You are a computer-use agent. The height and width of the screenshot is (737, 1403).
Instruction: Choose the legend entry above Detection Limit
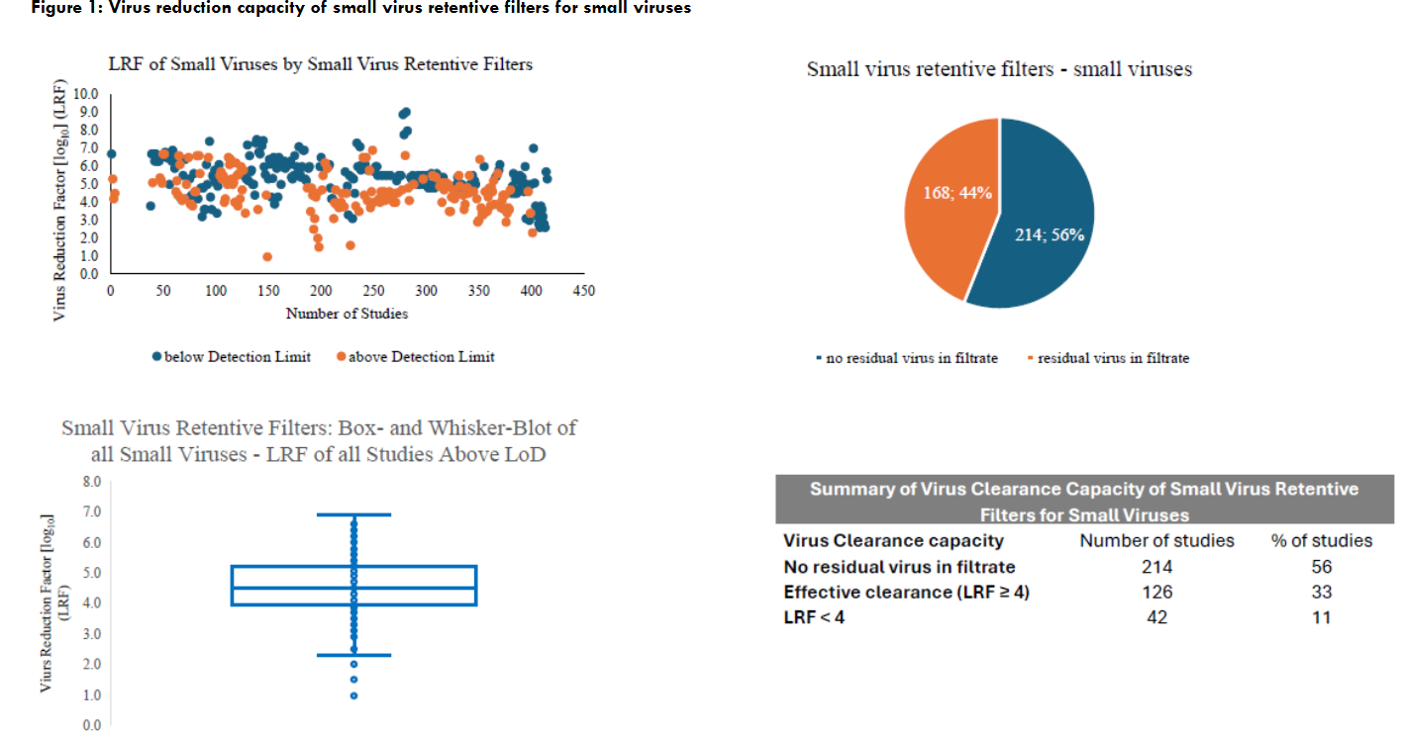tap(416, 356)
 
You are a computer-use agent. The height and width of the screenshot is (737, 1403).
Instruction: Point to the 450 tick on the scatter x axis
tap(584, 291)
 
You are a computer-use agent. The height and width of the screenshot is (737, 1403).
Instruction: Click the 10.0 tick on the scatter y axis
tap(87, 94)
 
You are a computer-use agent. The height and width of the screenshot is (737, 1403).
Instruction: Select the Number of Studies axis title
tap(347, 314)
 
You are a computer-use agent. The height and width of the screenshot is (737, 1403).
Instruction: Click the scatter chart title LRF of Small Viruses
tap(320, 64)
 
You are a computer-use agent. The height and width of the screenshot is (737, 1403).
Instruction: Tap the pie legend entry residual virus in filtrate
tap(1112, 358)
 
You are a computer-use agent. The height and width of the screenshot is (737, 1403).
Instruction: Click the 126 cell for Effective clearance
tap(1155, 593)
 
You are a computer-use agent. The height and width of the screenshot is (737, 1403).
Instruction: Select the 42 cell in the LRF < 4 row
tap(1155, 617)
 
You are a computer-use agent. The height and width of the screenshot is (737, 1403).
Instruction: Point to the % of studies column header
tap(1322, 541)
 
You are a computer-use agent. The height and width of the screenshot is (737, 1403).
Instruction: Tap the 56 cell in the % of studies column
tap(1322, 567)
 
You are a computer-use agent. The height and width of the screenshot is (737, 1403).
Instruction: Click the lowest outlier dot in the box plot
tap(353, 695)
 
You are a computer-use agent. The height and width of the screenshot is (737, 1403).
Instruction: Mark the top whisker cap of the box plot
tap(353, 514)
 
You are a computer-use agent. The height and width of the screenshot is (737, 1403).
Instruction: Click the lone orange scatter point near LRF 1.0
tap(267, 256)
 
